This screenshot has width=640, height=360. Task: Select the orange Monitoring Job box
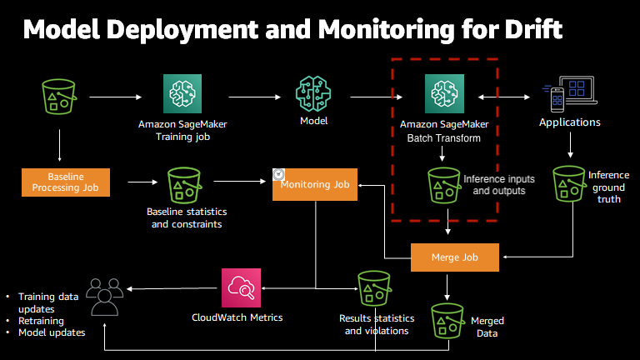(314, 183)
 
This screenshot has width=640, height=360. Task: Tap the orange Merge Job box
(455, 257)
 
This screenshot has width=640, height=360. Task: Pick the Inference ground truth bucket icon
(570, 183)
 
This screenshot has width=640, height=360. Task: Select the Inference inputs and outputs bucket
(443, 185)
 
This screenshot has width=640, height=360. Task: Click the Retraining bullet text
(42, 320)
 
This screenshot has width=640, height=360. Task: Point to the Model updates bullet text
(52, 332)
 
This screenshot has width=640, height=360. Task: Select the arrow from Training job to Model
(253, 97)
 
